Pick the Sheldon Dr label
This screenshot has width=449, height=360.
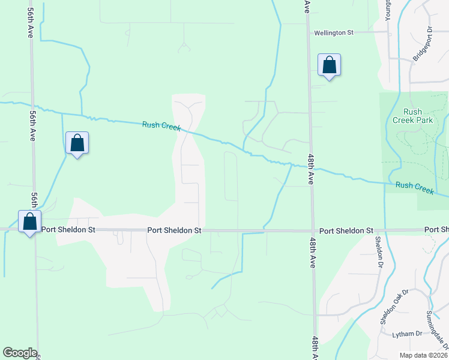pos(379,251)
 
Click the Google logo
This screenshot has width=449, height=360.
pos(20,353)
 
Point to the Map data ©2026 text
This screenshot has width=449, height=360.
pos(423,355)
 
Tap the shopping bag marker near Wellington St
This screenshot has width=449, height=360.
pos(329,65)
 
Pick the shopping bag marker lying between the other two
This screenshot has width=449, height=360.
pos(77,143)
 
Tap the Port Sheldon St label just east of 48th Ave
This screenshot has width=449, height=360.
pos(346,230)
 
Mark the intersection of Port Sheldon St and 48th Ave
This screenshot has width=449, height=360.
pos(312,230)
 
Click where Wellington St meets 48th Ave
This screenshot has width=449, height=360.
pos(309,34)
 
